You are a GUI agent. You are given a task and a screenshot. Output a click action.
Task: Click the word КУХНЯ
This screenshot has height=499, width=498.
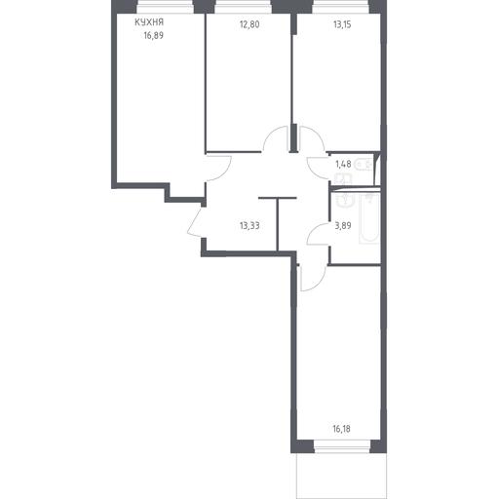pos(149,22)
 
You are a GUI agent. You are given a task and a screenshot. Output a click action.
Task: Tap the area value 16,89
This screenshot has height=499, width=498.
pos(154,35)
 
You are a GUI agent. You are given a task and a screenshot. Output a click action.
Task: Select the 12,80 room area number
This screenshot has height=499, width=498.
pos(249,24)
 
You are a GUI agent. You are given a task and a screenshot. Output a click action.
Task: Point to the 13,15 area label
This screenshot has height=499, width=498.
pos(342,24)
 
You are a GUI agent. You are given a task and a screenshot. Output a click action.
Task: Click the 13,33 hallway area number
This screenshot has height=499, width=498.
pos(249,225)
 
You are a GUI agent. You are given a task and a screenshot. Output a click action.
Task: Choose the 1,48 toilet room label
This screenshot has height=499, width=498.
pos(343,164)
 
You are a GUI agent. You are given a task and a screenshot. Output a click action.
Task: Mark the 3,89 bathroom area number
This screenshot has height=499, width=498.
pos(343,225)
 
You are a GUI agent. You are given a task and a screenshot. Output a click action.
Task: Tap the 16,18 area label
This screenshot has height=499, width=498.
pos(341,429)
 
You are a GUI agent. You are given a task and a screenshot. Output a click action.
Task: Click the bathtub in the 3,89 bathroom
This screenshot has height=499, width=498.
pos(369,218)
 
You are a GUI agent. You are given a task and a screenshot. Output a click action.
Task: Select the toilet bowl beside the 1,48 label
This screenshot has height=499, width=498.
pos(364,165)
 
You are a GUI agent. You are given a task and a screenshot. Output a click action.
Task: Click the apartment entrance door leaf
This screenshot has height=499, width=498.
pos(195,221)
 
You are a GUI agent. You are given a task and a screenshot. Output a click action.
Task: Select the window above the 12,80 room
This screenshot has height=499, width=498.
pos(244,7)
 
